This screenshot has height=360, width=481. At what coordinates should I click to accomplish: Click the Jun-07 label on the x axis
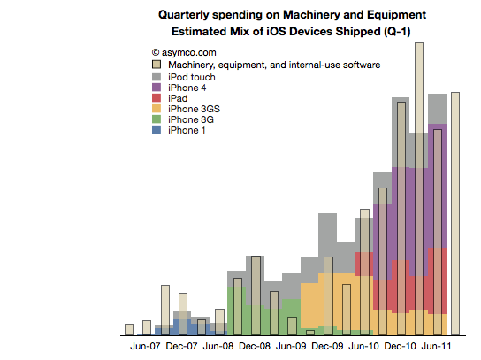[x=145, y=346]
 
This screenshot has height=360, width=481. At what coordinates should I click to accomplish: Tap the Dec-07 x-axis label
[x=181, y=346]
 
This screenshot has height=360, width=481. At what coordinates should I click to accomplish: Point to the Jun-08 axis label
[x=218, y=346]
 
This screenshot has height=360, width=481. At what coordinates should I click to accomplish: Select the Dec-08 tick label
[x=255, y=346]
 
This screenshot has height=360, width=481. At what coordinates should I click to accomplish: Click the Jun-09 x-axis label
[x=291, y=346]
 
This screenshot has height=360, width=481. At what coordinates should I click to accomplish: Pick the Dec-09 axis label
[x=327, y=346]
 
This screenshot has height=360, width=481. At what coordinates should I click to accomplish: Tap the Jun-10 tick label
[x=363, y=346]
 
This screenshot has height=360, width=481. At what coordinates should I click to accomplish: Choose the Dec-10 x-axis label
[x=400, y=346]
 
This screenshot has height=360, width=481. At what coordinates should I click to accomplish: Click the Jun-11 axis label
[x=436, y=346]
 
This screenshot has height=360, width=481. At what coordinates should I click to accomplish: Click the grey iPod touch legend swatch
[x=157, y=77]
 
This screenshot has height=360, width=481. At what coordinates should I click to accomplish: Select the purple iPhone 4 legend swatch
[x=157, y=88]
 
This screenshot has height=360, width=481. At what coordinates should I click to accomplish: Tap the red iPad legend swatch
[x=157, y=98]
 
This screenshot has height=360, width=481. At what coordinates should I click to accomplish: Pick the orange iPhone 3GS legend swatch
[x=157, y=109]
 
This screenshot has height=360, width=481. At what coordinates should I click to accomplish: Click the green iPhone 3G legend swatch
[x=157, y=119]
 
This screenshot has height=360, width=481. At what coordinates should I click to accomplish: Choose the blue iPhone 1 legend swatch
[x=157, y=130]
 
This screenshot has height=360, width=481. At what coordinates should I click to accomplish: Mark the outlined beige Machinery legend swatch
[x=157, y=65]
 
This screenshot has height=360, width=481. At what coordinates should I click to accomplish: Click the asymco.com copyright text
[x=184, y=52]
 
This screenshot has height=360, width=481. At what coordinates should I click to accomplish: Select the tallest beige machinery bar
[x=419, y=189]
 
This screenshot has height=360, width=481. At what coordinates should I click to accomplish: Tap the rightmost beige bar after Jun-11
[x=455, y=213]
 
